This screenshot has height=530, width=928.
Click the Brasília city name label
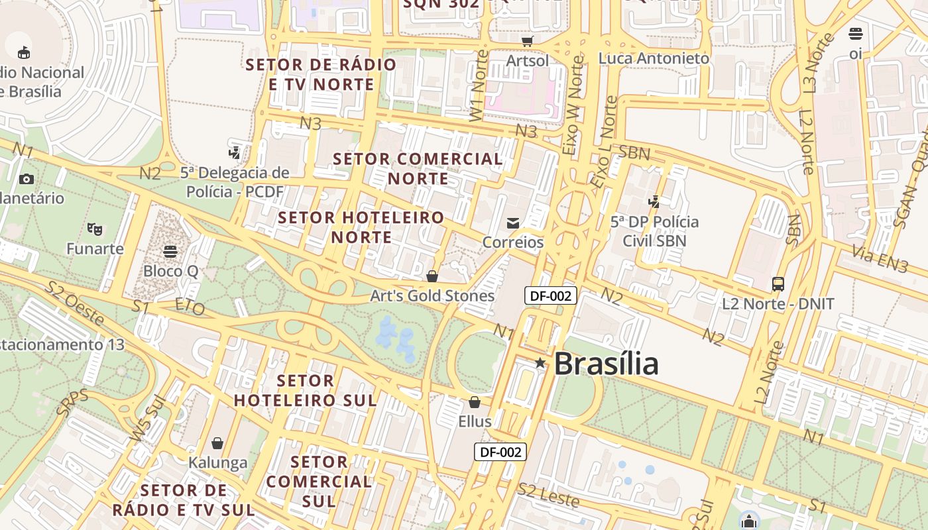pos(606,364)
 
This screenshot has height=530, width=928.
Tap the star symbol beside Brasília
pos(540,363)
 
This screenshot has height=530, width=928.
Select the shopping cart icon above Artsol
pos(527,41)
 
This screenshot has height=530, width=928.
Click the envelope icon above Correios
pos(513,223)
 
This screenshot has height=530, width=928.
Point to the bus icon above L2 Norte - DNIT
pos(778,284)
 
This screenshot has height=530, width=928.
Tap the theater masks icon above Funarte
pos(95,229)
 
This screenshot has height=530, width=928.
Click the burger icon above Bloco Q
pos(170,252)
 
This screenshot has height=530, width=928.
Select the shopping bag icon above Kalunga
pos(217,443)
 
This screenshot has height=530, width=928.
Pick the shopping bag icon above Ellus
pos(475,402)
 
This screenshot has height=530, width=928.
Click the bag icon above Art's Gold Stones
pos(432,276)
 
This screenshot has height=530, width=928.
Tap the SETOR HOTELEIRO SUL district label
pos(306,390)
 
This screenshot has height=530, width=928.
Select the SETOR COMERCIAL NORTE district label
pos(418,168)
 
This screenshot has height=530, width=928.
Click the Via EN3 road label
pos(880,259)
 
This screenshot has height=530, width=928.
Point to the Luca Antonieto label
pos(654,58)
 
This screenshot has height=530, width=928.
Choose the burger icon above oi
pos(856,34)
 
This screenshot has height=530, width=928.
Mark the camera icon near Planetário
pos(27,179)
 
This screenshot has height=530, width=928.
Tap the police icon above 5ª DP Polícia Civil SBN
pos(654,201)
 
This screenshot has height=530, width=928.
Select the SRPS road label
pos(72,403)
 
